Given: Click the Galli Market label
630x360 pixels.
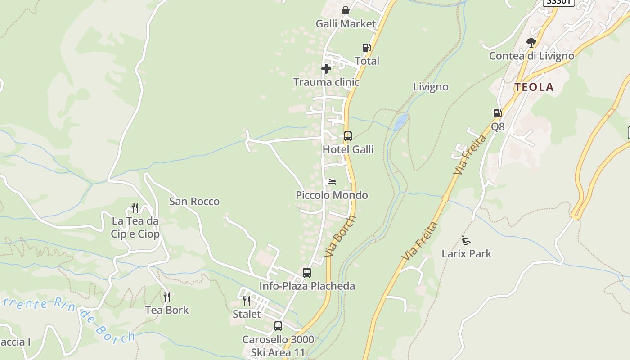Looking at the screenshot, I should [x=346, y=24].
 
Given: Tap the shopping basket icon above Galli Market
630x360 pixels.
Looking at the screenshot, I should [x=346, y=10].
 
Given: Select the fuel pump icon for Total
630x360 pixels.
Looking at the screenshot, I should [x=366, y=48].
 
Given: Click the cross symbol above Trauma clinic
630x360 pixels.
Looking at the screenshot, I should [x=326, y=69].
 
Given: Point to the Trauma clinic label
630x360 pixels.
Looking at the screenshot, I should [x=326, y=82].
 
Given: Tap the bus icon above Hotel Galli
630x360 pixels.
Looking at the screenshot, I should [x=347, y=136].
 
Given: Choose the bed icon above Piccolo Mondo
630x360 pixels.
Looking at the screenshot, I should [x=332, y=182].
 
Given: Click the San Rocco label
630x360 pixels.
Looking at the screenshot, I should [x=194, y=202].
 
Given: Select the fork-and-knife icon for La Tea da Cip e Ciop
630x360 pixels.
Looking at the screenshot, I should [x=135, y=207].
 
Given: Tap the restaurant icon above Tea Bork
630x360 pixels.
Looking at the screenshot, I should [x=167, y=297].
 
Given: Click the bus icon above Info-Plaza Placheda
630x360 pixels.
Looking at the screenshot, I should [x=307, y=272].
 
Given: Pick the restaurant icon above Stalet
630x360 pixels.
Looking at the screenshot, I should [x=247, y=300].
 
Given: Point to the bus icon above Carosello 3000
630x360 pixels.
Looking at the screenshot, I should [x=278, y=326].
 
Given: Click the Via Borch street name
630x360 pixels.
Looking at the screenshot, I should [x=340, y=236].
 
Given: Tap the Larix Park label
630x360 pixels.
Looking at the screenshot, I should [x=467, y=254].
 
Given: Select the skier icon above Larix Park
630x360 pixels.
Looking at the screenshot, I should [x=466, y=240].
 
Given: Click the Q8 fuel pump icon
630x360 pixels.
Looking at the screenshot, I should [x=497, y=113].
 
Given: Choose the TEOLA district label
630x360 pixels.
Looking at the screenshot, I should [x=534, y=87].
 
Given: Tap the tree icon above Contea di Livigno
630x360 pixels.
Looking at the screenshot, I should [x=531, y=43].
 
